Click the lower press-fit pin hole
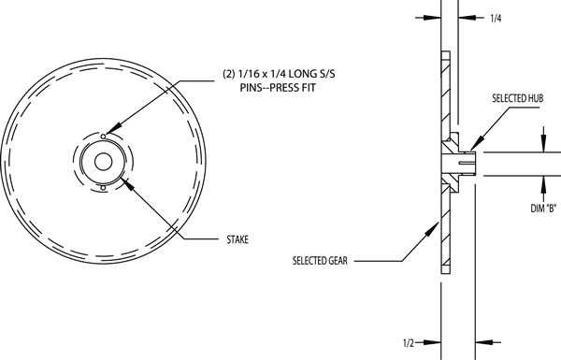point(102,188)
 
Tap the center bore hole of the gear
point(102,159)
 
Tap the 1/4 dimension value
point(496,17)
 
